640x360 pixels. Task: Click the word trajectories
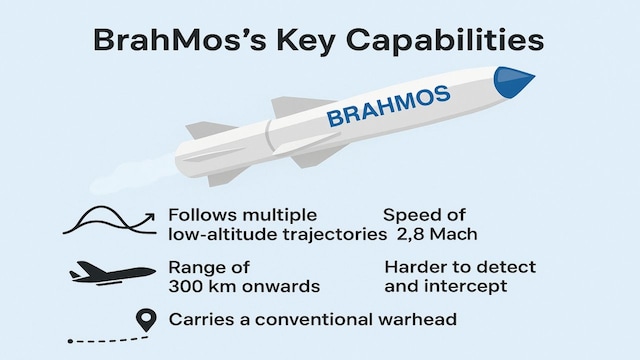tap(335, 234)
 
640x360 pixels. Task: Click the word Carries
tap(203, 320)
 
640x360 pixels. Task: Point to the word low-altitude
tap(225, 234)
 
